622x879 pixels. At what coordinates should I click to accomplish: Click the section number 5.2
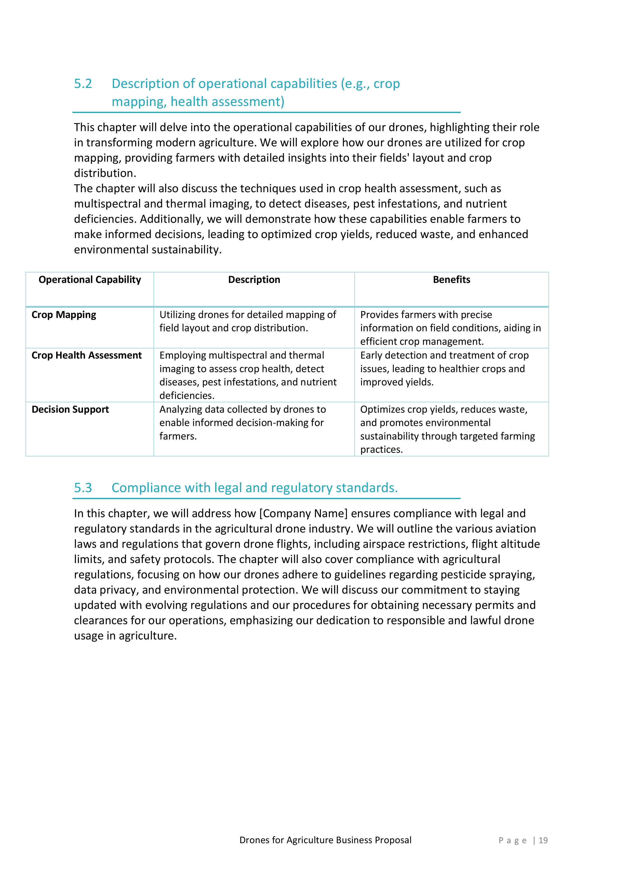tap(83, 84)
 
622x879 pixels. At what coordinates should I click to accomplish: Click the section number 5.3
tap(83, 488)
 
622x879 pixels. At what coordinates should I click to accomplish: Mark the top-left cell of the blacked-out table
tap(90, 289)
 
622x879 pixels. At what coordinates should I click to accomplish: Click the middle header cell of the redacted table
tap(254, 289)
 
